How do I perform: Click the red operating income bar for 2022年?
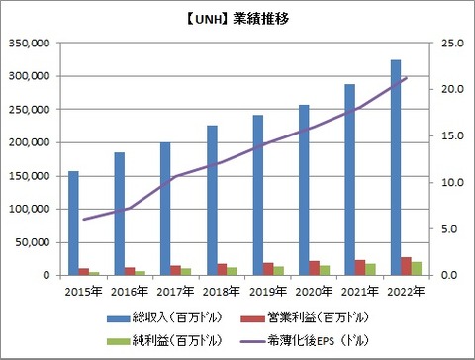407,265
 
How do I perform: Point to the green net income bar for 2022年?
417,268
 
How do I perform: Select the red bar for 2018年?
223,269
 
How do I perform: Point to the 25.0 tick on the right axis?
449,44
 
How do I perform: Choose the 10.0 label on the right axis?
449,182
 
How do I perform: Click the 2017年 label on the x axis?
176,291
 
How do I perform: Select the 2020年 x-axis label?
314,291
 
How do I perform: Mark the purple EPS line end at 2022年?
406,78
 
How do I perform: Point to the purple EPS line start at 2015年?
84,220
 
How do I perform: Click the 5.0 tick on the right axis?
451,228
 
